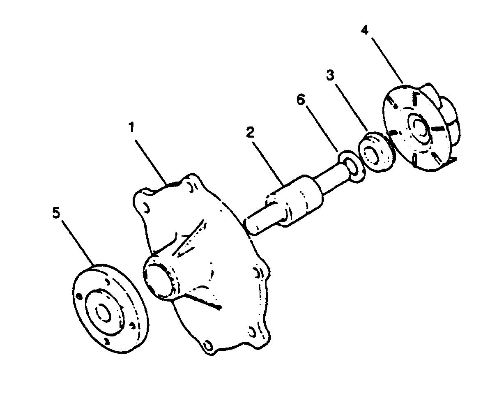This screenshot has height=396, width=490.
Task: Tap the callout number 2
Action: coord(251,133)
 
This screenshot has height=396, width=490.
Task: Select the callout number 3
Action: coord(330,76)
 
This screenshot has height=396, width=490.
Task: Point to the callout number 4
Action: coord(365,30)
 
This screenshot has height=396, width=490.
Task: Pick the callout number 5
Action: coord(56,214)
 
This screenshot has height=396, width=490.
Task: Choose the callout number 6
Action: coord(301,100)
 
